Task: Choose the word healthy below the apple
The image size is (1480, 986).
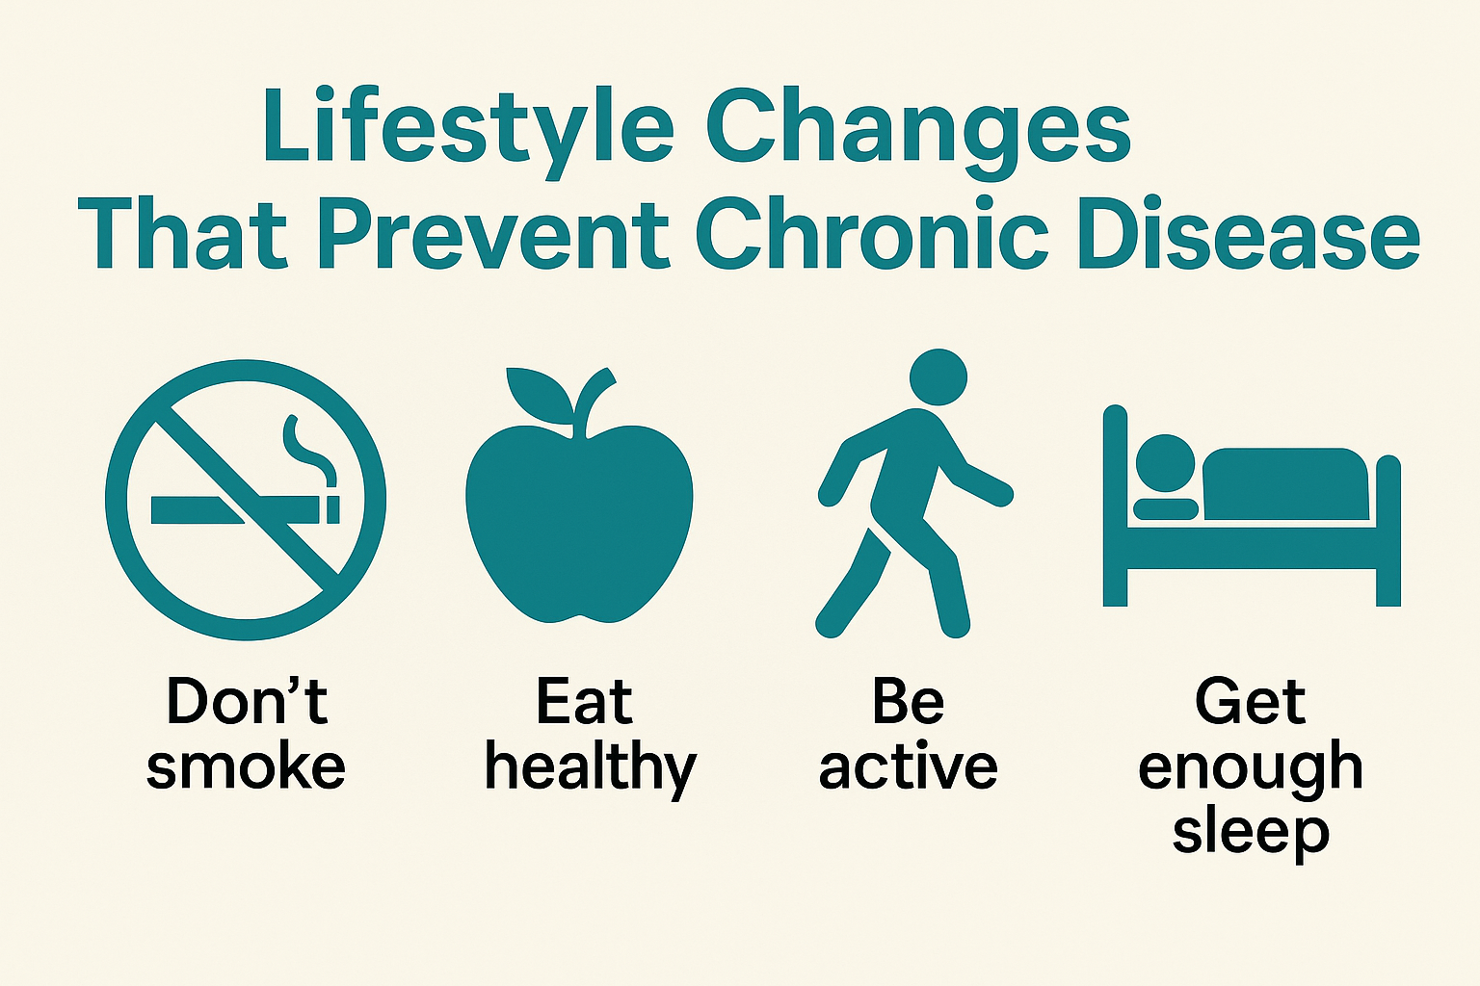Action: (591, 770)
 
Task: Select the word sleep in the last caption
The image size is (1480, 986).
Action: (1251, 833)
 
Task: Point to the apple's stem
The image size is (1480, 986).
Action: (593, 402)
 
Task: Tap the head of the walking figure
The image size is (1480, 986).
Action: (938, 377)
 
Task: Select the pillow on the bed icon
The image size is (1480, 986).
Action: (1166, 509)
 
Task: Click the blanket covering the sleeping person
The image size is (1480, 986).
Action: (1285, 484)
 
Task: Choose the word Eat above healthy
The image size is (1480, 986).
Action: (585, 701)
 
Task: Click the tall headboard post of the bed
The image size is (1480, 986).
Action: (1115, 506)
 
